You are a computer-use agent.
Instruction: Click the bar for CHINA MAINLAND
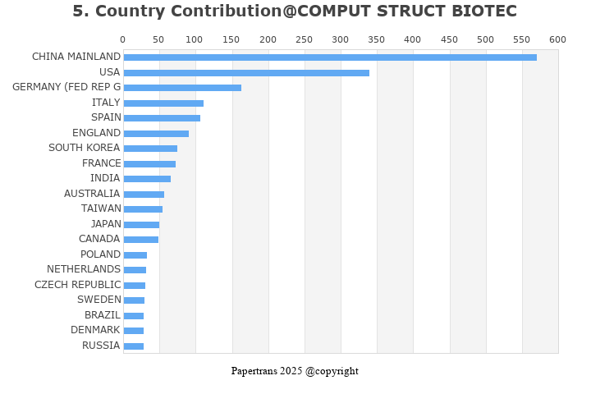pos(330,57)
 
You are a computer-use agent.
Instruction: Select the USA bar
pos(246,73)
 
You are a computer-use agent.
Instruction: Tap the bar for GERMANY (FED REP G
pos(182,88)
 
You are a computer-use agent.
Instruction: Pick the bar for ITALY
pos(163,103)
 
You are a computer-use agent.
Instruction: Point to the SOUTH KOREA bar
pos(150,149)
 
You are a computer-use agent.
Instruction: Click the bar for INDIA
pos(147,179)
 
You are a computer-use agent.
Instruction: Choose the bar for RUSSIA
pos(134,346)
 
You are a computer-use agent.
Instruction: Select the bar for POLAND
pos(135,255)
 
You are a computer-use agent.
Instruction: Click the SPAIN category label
pos(106,117)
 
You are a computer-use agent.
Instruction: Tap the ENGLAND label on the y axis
pos(96,133)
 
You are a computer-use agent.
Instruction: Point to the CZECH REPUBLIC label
pos(77,285)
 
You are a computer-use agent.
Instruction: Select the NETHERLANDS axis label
pos(84,269)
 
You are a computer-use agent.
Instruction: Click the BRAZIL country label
pos(103,315)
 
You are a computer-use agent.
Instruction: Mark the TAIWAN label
pos(101,208)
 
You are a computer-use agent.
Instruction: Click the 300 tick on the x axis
pos(341,39)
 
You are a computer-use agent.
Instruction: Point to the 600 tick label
pos(558,39)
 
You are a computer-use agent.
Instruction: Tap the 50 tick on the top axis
pos(159,39)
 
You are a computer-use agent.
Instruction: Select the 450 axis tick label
pos(449,39)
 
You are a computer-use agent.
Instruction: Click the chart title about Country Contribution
pos(295,11)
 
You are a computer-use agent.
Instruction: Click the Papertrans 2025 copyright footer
pos(295,371)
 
